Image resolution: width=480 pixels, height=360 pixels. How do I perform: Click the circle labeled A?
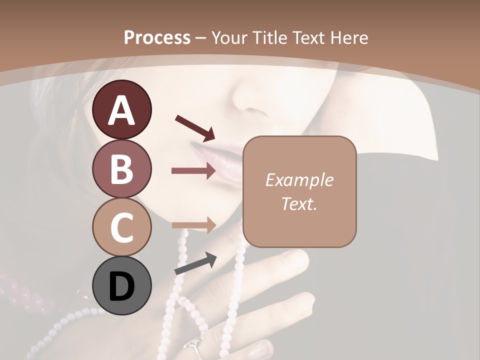click(x=121, y=109)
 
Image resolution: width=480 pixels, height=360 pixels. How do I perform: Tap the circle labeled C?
click(x=121, y=227)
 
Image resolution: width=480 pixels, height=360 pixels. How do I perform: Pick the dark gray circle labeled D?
click(x=121, y=285)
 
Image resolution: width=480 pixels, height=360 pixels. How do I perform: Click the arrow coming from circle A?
click(x=195, y=127)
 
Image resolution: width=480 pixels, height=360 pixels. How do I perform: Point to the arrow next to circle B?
click(x=193, y=171)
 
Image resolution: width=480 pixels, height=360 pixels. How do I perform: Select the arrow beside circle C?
click(x=193, y=225)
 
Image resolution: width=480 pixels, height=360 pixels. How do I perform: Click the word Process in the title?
click(x=157, y=37)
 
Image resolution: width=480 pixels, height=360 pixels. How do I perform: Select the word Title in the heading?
click(x=270, y=37)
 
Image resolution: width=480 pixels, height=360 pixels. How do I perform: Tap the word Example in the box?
click(x=299, y=180)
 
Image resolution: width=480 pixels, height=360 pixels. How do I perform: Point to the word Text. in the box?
click(x=299, y=203)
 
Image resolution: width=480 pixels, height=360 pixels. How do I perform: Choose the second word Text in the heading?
click(x=309, y=37)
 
